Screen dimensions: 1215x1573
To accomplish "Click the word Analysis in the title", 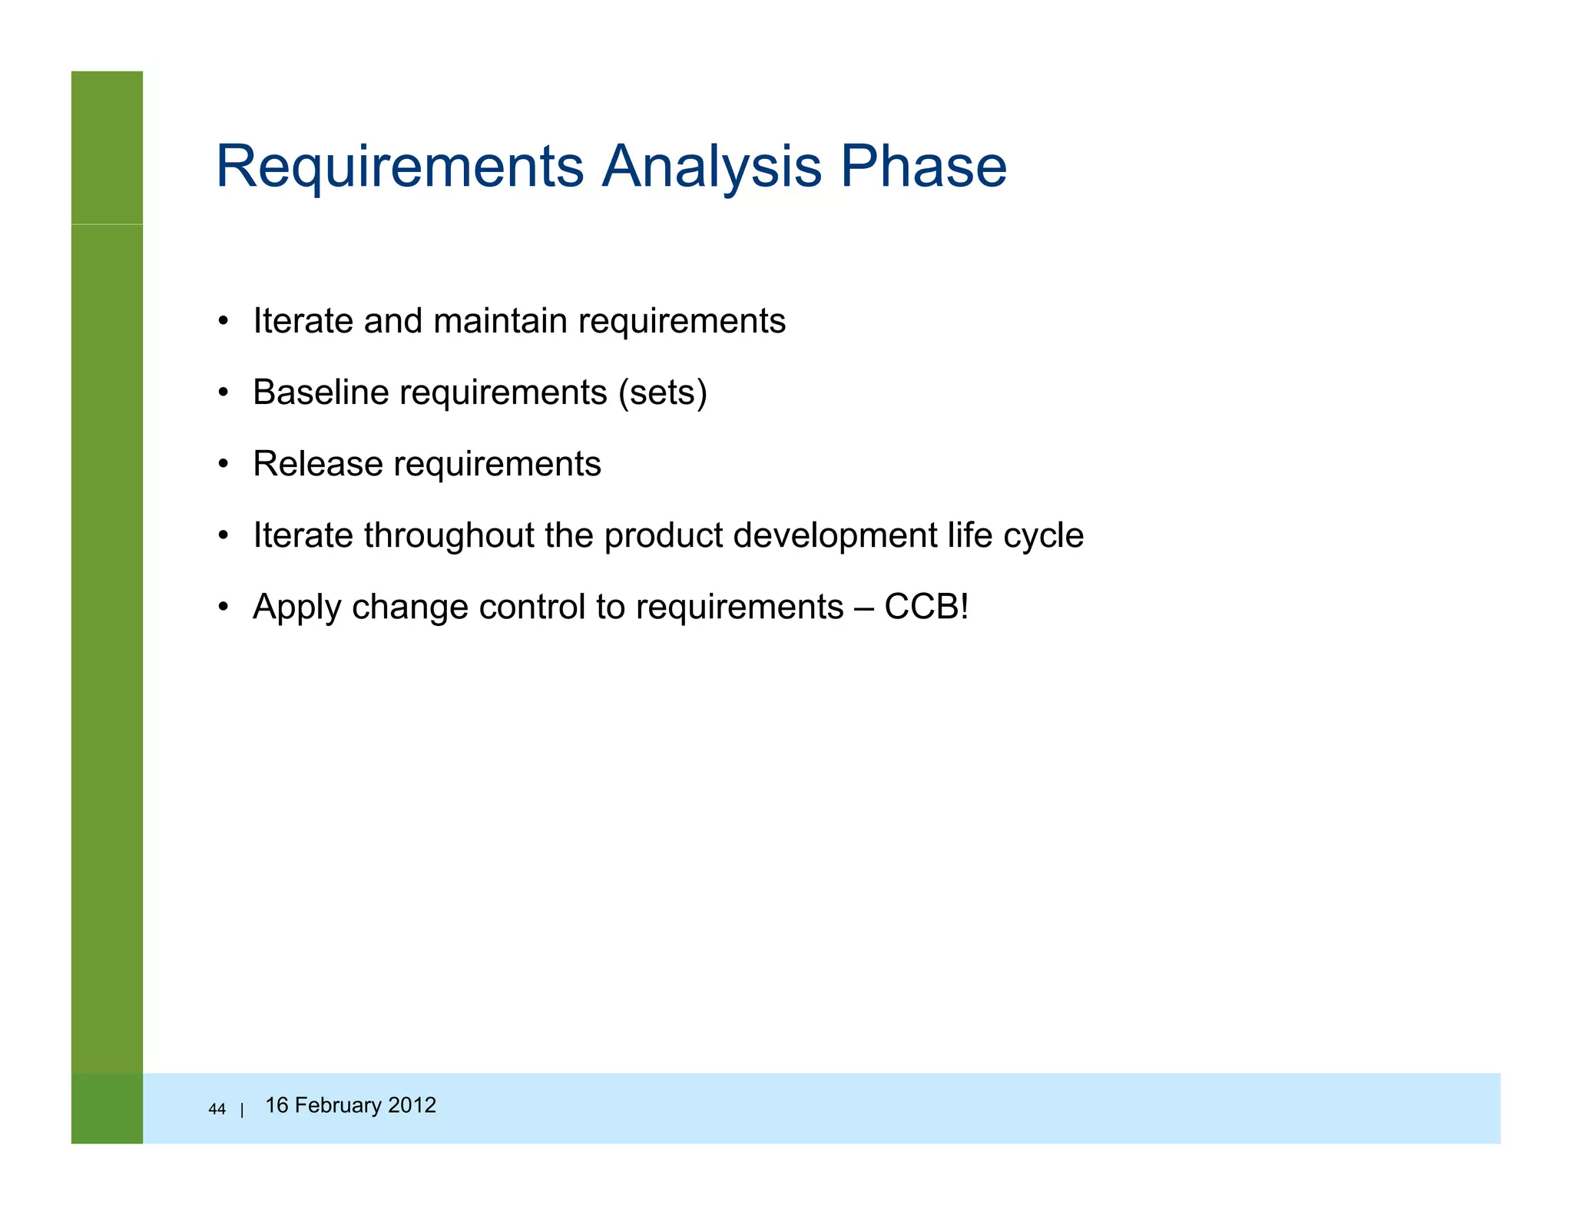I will click(x=710, y=167).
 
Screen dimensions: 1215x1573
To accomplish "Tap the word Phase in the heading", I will click(x=922, y=167).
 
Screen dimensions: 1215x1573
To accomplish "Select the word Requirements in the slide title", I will click(x=399, y=167).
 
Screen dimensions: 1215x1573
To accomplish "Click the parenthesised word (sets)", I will click(x=663, y=392).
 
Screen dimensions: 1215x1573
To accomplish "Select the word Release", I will click(x=318, y=464).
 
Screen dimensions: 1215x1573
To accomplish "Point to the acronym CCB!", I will click(x=926, y=607).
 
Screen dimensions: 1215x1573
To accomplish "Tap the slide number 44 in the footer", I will click(x=217, y=1109).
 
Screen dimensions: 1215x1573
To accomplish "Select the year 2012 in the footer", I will click(x=412, y=1105).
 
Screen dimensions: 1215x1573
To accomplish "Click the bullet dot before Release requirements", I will click(x=223, y=465).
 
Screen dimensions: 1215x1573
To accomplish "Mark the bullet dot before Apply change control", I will click(x=223, y=607).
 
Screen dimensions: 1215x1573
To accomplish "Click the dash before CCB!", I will click(x=863, y=607).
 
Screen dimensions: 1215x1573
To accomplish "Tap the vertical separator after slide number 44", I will click(x=242, y=1110).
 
